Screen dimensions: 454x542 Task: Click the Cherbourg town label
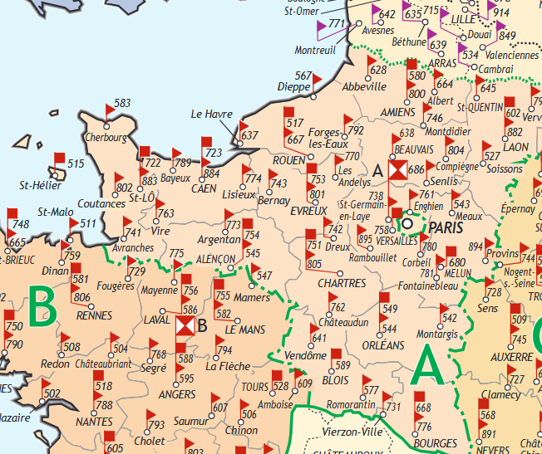pyautogui.click(x=105, y=137)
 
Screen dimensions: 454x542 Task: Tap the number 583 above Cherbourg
pyautogui.click(x=123, y=104)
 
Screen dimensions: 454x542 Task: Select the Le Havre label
pyautogui.click(x=212, y=115)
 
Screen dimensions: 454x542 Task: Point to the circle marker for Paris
pyautogui.click(x=407, y=222)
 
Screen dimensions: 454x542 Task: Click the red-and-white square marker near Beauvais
pyautogui.click(x=398, y=170)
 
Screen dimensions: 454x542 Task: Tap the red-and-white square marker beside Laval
pyautogui.click(x=185, y=325)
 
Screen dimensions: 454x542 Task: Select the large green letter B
pyautogui.click(x=41, y=309)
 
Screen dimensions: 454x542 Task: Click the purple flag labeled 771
pyautogui.click(x=325, y=28)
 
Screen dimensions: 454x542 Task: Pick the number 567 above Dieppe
pyautogui.click(x=303, y=76)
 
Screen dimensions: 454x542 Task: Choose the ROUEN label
pyautogui.click(x=289, y=160)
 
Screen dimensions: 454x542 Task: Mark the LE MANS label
pyautogui.click(x=245, y=329)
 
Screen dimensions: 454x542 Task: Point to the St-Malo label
pyautogui.click(x=56, y=212)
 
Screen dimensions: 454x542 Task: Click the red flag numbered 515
pyautogui.click(x=60, y=159)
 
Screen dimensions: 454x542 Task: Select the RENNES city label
pyautogui.click(x=94, y=315)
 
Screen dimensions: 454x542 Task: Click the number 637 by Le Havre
pyautogui.click(x=250, y=134)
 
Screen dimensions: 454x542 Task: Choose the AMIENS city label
pyautogui.click(x=397, y=112)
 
